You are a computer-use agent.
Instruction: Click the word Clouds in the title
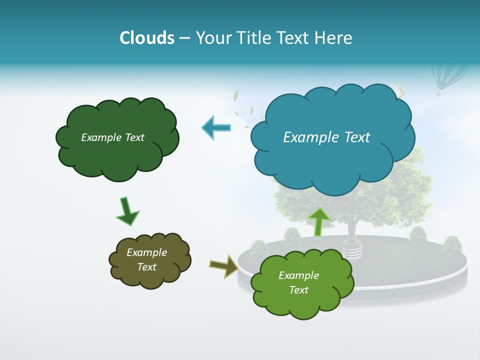pyautogui.click(x=147, y=38)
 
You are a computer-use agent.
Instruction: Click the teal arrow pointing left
pyautogui.click(x=216, y=128)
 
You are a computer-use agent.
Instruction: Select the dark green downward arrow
pyautogui.click(x=127, y=211)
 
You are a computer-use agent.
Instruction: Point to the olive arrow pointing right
pyautogui.click(x=224, y=266)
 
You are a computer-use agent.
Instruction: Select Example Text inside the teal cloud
pyautogui.click(x=326, y=137)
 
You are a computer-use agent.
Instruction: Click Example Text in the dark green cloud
pyautogui.click(x=112, y=137)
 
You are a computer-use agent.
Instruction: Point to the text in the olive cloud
pyautogui.click(x=146, y=260)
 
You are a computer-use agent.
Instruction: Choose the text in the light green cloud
pyautogui.click(x=298, y=282)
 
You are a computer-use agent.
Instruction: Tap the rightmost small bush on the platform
pyautogui.click(x=451, y=245)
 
